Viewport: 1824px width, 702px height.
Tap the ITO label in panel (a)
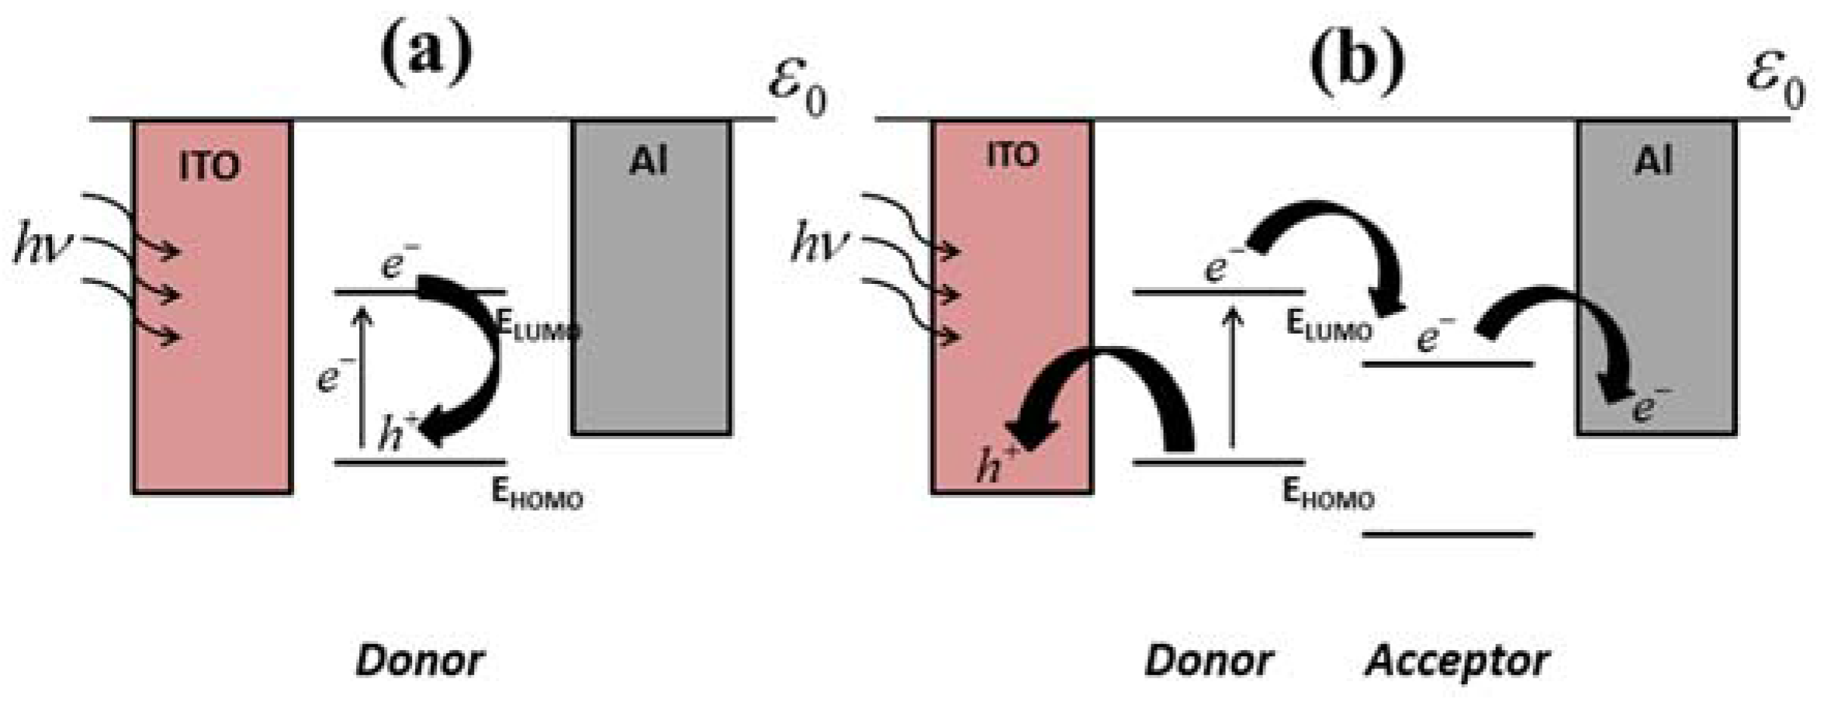[209, 166]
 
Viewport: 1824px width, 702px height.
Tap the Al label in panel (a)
[649, 162]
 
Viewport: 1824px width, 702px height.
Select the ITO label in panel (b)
[1012, 156]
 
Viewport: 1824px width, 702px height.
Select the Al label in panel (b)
[1653, 162]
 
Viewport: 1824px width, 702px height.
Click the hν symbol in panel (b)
[820, 244]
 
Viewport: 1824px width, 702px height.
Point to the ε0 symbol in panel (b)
[1775, 83]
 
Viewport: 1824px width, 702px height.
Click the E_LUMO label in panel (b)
[1328, 325]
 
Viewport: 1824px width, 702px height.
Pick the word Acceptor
[1457, 661]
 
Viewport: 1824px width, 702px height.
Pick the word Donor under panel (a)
[420, 661]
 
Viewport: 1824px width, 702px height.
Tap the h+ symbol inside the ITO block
[998, 464]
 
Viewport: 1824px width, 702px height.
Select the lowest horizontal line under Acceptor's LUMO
[1448, 534]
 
